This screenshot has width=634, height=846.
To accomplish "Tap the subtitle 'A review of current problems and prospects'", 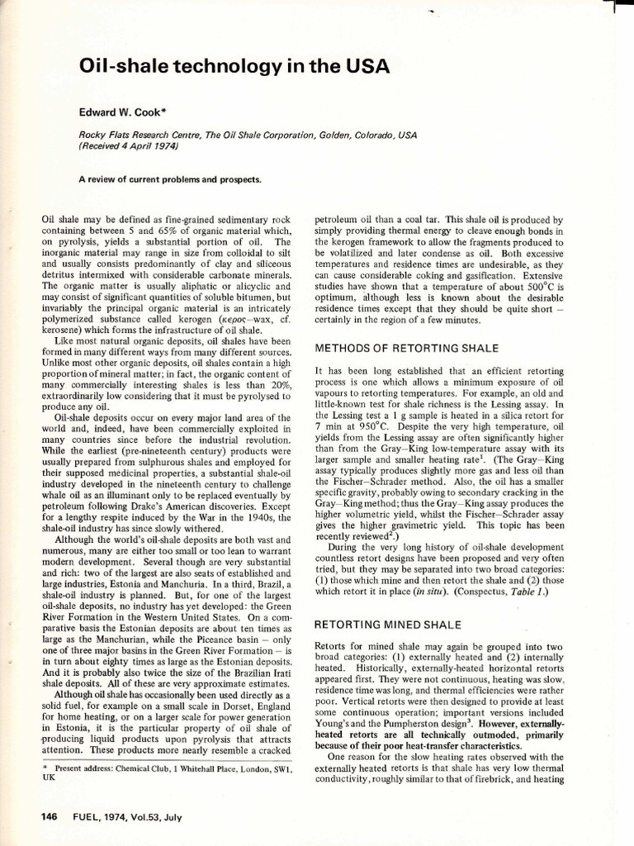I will pos(169,179).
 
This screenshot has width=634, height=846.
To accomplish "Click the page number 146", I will pos(49,817).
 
